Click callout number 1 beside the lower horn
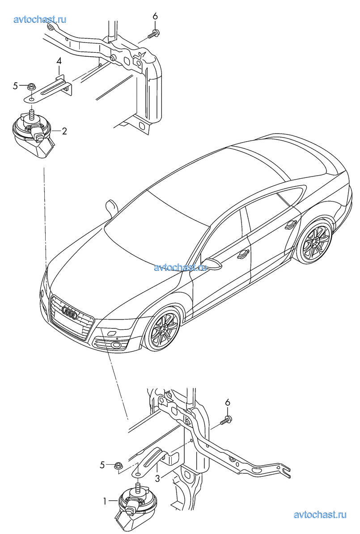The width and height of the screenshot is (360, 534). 106,500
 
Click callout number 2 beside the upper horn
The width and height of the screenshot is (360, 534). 64,131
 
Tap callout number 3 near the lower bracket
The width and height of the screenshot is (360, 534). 157,479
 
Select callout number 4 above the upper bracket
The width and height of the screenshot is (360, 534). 59,61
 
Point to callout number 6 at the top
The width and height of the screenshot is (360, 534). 155,16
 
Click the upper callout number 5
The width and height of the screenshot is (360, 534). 15,86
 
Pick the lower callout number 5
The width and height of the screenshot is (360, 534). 102,465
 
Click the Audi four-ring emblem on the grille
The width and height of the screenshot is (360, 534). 70,313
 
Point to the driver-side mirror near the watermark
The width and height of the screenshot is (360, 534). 211,264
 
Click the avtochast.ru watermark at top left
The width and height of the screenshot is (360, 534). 40,19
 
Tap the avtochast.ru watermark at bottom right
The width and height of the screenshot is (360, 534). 320,515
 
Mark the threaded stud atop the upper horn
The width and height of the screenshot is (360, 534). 32,114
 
